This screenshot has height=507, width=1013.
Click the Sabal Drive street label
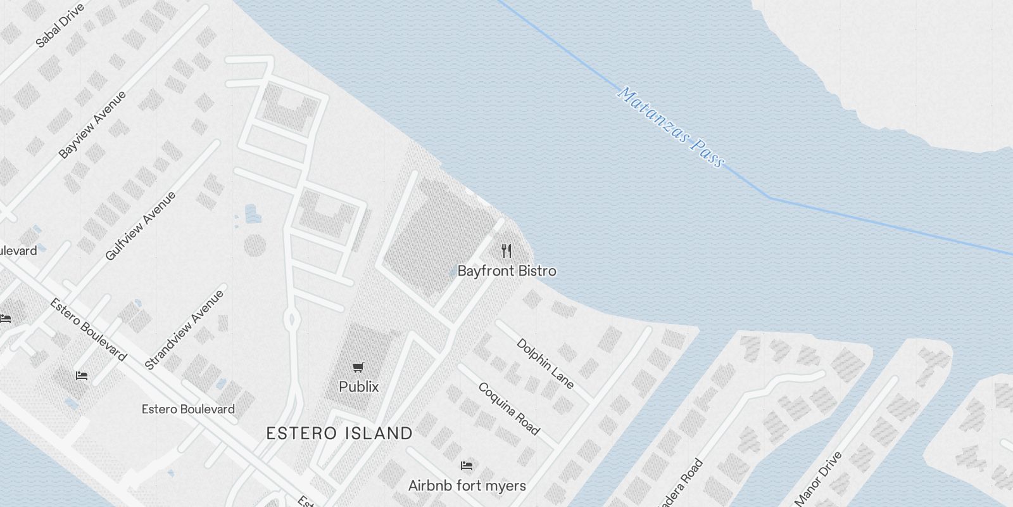point(60,26)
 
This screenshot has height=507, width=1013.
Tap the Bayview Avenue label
point(92,125)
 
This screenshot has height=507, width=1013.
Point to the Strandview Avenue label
point(184,330)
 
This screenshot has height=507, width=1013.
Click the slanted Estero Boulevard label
point(88,330)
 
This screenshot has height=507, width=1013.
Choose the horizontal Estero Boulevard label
point(188,409)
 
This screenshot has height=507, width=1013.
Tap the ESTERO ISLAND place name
point(339,433)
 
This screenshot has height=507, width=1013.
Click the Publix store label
point(358,387)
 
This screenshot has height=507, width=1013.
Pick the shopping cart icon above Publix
point(358,368)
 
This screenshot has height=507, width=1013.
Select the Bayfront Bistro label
point(507,271)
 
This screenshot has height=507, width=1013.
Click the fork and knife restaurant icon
point(506,251)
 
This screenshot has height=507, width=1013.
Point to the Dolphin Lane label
point(545,364)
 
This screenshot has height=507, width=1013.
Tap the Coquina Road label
point(509,409)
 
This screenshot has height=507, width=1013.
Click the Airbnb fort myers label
point(467,486)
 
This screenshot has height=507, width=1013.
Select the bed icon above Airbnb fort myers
point(467,466)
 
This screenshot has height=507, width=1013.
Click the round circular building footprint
point(254,245)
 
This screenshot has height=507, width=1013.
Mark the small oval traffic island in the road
point(291,319)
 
